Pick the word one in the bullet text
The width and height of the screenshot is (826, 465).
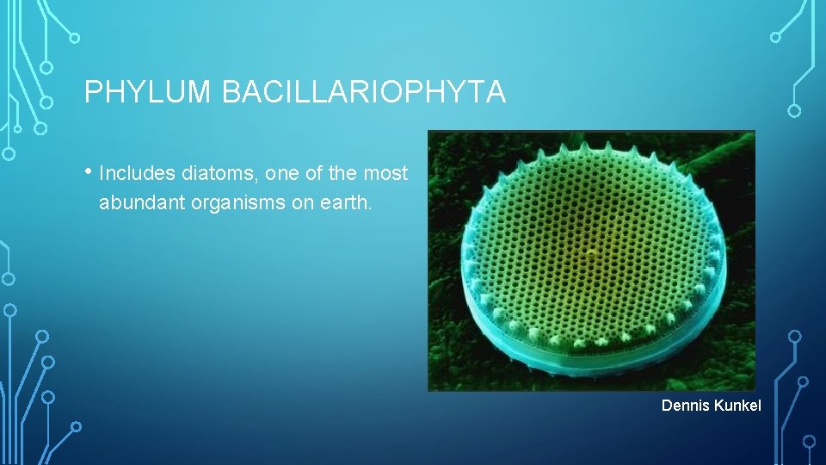click(281, 174)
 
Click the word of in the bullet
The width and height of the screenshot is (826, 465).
click(314, 174)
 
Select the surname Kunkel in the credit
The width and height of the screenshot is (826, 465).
click(737, 406)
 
